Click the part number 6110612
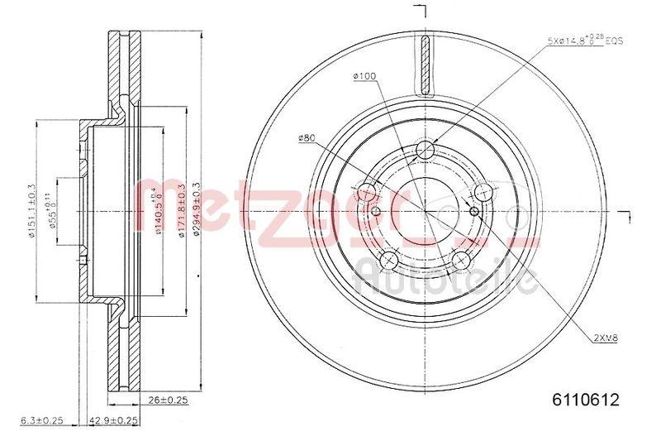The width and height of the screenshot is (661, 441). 581,400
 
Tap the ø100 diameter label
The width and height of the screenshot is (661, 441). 364,76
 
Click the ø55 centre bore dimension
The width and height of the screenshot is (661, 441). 50,210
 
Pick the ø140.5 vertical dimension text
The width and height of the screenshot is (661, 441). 159,210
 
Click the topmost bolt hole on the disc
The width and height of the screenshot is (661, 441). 425,150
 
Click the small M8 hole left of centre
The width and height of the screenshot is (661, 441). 377,212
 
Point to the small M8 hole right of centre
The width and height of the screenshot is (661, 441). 473,212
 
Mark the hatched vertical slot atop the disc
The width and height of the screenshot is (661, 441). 425,66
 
